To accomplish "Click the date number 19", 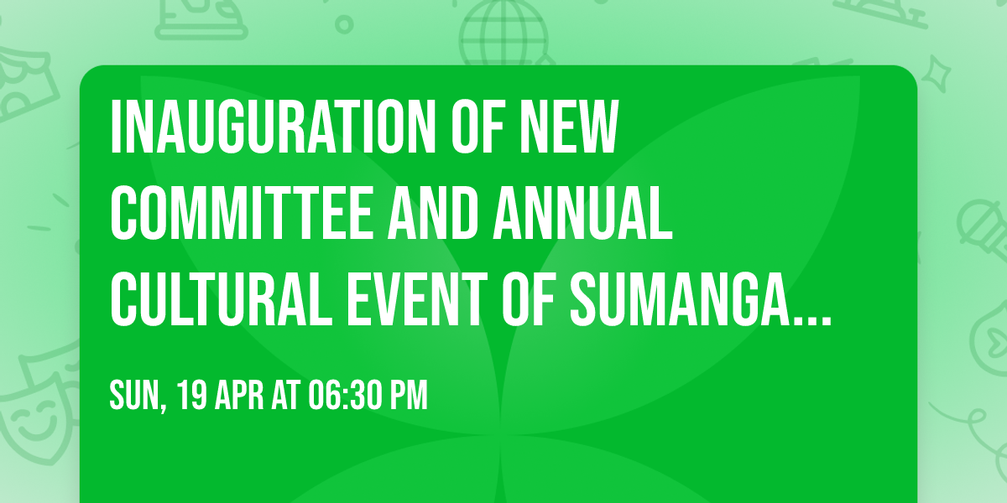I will (x=192, y=395).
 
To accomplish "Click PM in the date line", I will (x=409, y=395).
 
